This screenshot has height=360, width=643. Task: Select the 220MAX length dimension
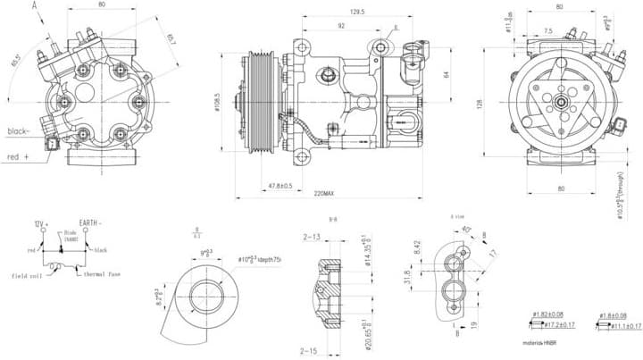pyautogui.click(x=323, y=193)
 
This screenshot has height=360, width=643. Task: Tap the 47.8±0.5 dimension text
pyautogui.click(x=280, y=185)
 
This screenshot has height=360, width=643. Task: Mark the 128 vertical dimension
pyautogui.click(x=479, y=105)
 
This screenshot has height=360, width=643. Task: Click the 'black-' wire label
pyautogui.click(x=18, y=131)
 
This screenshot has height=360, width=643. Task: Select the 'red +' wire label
pyautogui.click(x=18, y=156)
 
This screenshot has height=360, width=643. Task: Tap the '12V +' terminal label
pyautogui.click(x=40, y=222)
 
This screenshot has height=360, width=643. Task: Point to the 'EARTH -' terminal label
pyautogui.click(x=89, y=222)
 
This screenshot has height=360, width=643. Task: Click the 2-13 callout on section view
pyautogui.click(x=312, y=238)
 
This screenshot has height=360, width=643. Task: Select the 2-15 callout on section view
pyautogui.click(x=310, y=351)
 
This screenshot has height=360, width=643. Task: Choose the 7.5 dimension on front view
pyautogui.click(x=547, y=30)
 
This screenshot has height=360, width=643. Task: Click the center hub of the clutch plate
pyautogui.click(x=561, y=104)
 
